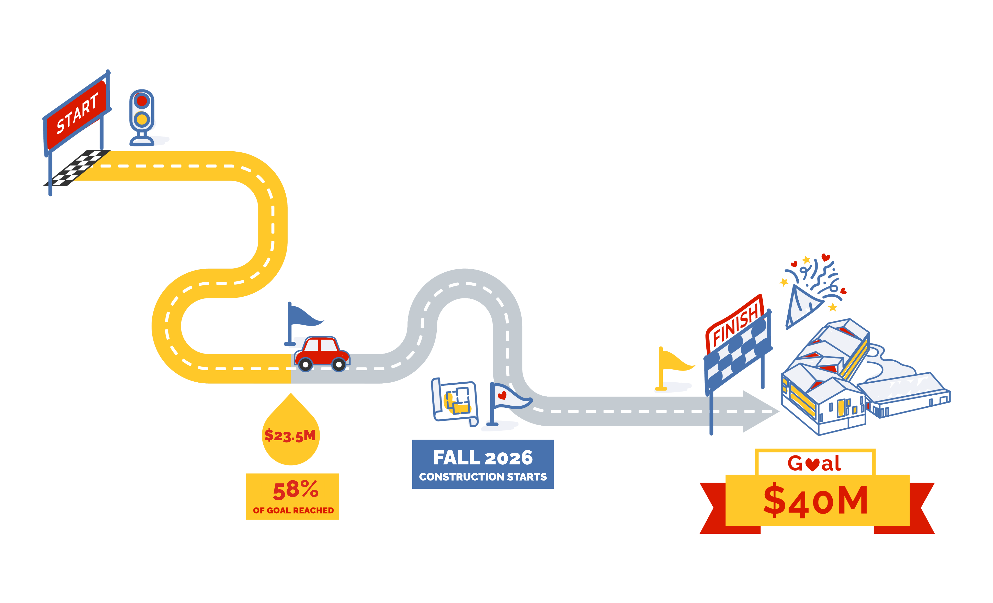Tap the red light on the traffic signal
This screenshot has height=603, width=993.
(141, 100)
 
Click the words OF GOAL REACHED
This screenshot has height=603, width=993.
(293, 510)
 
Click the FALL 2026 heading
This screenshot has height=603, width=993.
(483, 458)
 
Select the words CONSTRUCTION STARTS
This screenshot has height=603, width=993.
(483, 477)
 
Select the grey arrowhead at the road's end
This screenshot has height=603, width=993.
(758, 411)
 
